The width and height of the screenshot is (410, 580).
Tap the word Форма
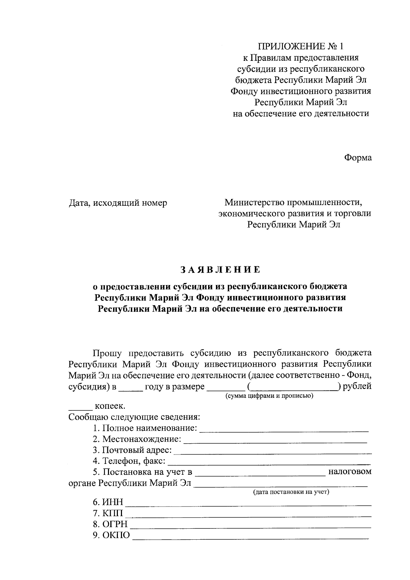click(358, 158)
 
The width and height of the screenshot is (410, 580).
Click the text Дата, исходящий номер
click(118, 203)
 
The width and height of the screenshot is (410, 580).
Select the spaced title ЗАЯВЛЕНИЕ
click(220, 270)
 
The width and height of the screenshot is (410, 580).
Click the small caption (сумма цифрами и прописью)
click(269, 396)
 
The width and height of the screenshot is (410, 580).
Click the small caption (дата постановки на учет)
click(291, 492)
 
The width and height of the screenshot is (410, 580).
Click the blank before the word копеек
click(81, 408)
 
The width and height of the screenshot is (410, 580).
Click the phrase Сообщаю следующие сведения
click(134, 417)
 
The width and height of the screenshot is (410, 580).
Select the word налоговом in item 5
click(350, 472)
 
